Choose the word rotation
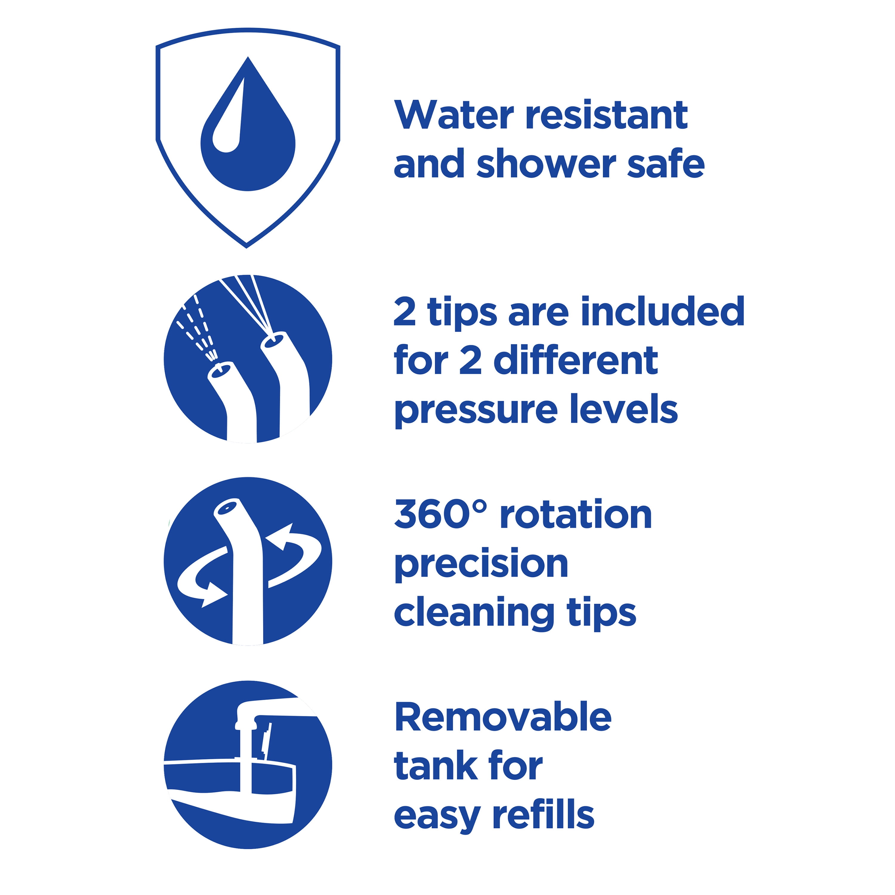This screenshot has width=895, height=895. (x=576, y=514)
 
